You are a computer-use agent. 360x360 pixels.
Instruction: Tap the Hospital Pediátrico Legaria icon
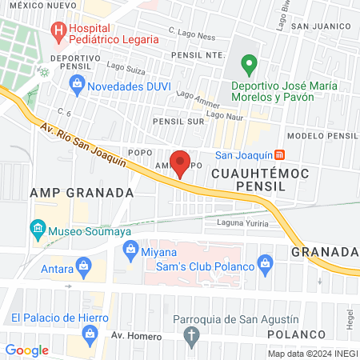click(58, 32)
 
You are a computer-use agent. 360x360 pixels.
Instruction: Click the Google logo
click(26, 350)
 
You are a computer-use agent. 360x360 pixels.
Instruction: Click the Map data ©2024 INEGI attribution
click(313, 354)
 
